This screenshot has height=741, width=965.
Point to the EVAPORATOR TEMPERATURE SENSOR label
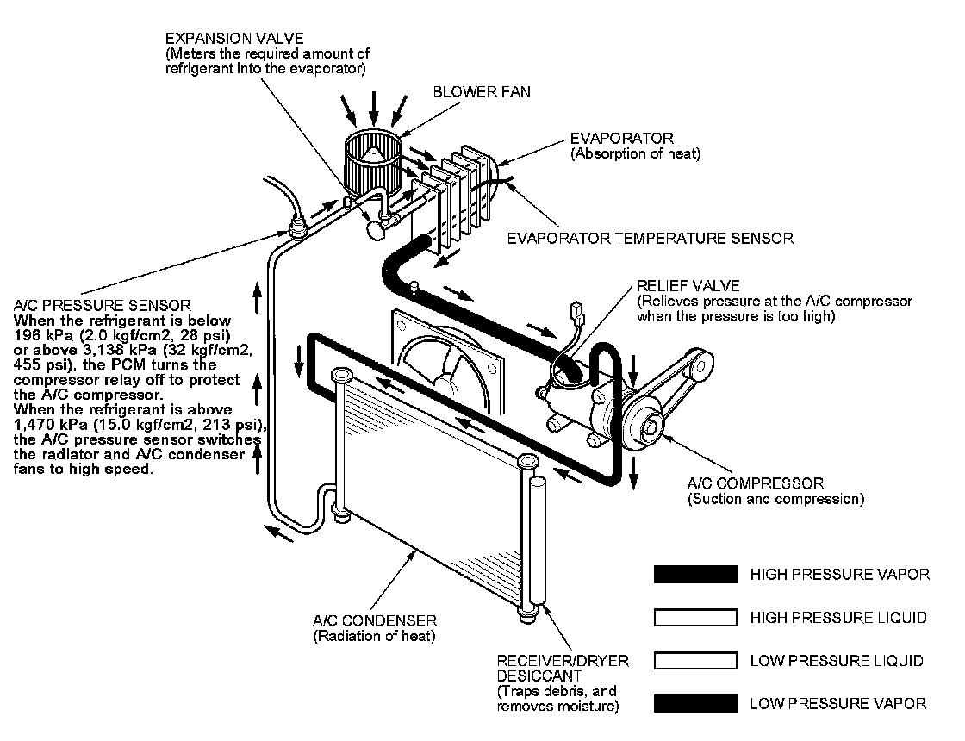(x=650, y=238)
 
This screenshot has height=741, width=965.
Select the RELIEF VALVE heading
(x=688, y=285)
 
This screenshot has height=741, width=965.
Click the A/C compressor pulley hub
(x=653, y=424)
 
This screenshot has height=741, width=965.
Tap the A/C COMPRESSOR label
(x=756, y=483)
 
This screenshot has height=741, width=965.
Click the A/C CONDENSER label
(x=375, y=620)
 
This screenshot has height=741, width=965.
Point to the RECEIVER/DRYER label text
(x=563, y=661)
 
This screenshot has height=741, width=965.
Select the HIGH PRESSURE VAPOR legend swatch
(x=695, y=575)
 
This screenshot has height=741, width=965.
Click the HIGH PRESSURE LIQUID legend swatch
(x=695, y=618)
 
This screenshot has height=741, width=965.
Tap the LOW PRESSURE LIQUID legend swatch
(x=695, y=661)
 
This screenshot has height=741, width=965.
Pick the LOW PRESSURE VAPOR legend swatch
(x=695, y=703)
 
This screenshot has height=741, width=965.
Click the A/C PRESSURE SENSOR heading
(x=103, y=306)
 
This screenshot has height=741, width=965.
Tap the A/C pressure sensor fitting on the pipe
(x=297, y=228)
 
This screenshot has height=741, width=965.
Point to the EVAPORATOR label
(x=621, y=139)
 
